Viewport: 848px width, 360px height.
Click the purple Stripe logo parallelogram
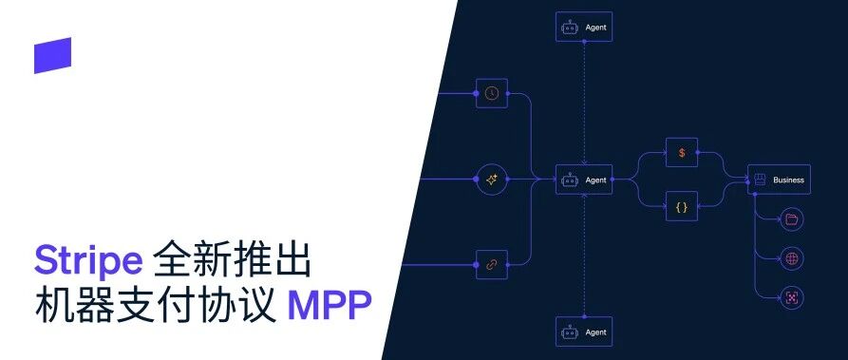coord(52,55)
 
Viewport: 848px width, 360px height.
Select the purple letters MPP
coord(330,304)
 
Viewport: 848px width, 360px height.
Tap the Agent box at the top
coord(584,27)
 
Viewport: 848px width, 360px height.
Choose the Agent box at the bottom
coord(584,332)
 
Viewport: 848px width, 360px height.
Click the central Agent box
coord(584,180)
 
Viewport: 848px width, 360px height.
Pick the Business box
coord(779,180)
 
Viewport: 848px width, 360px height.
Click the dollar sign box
coord(682,153)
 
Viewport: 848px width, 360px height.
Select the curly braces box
coord(682,206)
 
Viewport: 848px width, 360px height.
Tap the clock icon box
coord(492,93)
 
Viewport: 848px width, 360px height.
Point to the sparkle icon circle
coord(492,180)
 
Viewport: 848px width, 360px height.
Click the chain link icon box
coord(492,265)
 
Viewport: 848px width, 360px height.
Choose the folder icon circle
coord(792,219)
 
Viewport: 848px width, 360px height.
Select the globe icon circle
coord(792,258)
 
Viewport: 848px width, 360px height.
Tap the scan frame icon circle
coord(792,297)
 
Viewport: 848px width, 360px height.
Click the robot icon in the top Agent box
coord(570,28)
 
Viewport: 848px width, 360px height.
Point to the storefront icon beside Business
coord(760,180)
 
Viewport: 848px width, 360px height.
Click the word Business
coord(788,180)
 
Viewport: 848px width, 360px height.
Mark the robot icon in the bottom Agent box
coord(570,332)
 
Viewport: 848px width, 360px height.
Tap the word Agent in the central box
coord(596,180)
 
